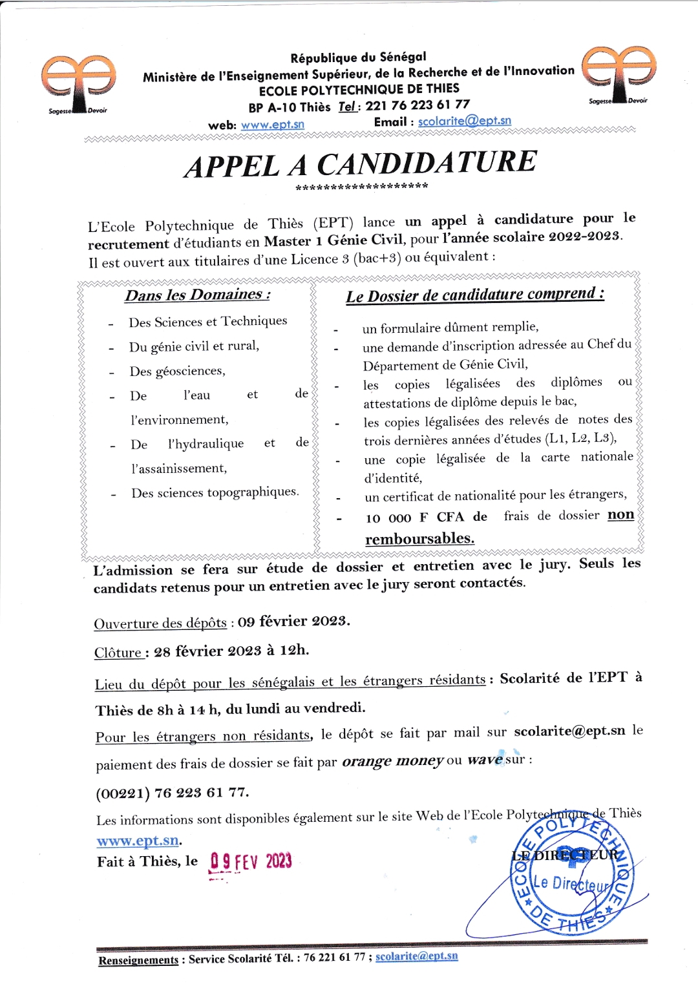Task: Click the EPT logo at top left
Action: point(78,84)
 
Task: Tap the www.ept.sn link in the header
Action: point(272,125)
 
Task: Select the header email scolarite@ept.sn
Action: point(464,121)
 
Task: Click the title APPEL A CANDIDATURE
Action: point(361,163)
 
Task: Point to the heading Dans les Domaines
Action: point(197,295)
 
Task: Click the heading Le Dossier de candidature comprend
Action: point(475,295)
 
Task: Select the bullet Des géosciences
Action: point(177,371)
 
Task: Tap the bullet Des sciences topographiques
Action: point(215,492)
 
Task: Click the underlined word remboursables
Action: point(419,538)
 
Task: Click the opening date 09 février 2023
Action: point(293,622)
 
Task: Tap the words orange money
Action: point(392,761)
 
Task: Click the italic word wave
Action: point(485,760)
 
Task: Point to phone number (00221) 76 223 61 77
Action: point(172,793)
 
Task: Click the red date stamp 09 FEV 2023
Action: point(251,861)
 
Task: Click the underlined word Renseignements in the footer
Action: point(138,960)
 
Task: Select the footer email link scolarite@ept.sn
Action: point(417,956)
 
